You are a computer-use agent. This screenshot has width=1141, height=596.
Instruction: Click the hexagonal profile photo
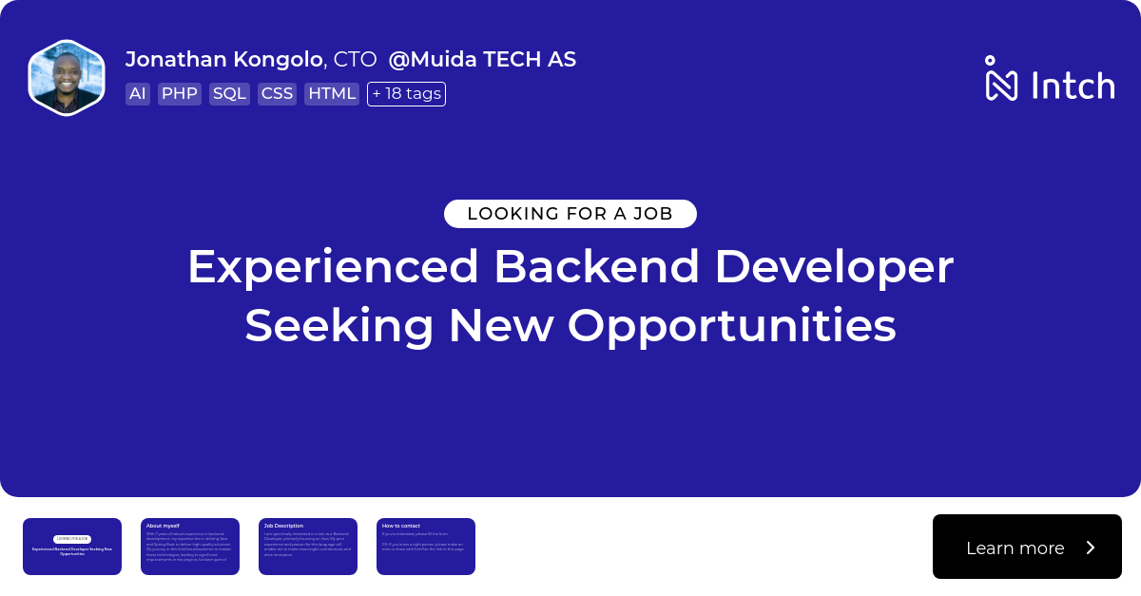(x=67, y=78)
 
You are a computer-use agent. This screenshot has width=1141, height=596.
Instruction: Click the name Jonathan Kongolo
(x=223, y=59)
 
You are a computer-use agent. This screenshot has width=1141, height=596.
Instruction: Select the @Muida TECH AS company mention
(x=482, y=59)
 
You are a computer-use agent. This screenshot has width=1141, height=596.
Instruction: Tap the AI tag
(x=138, y=94)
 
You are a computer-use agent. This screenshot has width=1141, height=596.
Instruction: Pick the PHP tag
(x=179, y=94)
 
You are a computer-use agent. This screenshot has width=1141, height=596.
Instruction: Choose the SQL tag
(x=229, y=94)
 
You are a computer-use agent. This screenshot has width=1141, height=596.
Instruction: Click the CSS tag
(x=277, y=94)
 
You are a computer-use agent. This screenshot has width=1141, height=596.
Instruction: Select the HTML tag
(x=332, y=94)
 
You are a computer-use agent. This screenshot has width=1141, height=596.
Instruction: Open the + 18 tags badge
(x=406, y=94)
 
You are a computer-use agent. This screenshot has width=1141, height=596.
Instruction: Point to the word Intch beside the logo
(x=1073, y=86)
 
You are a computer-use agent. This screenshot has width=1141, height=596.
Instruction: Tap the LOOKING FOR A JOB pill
(x=570, y=214)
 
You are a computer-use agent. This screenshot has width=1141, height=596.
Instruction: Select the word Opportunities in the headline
(x=731, y=326)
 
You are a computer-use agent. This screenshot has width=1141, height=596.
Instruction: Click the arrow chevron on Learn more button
(x=1091, y=548)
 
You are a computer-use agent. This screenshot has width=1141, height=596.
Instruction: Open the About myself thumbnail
(x=190, y=547)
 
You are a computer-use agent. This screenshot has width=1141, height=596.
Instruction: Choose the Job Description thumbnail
(x=308, y=547)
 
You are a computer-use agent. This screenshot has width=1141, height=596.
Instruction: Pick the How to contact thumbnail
(x=426, y=547)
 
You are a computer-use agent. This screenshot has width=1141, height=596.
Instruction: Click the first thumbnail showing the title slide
(x=72, y=547)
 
